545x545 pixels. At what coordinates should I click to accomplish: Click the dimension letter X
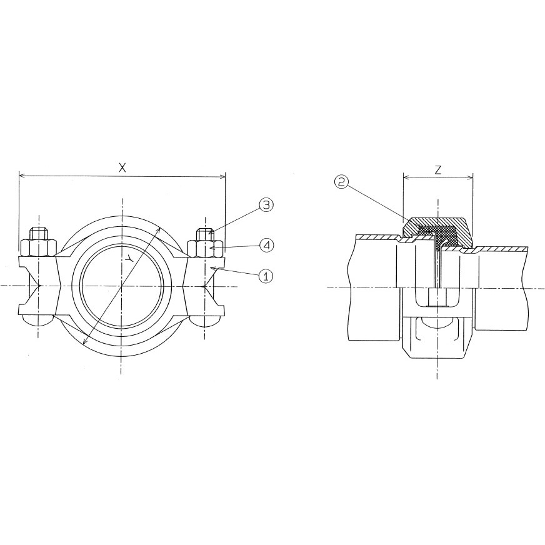click(122, 168)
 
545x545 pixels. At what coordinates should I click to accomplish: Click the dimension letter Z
click(438, 170)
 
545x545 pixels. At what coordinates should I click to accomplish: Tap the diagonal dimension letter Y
click(129, 258)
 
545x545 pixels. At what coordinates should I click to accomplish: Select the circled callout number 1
click(266, 276)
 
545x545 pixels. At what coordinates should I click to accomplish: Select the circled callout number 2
click(341, 182)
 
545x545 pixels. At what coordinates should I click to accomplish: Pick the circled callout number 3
click(266, 205)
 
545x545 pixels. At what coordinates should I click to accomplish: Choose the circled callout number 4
click(266, 246)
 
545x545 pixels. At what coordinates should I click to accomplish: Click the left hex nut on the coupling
click(39, 247)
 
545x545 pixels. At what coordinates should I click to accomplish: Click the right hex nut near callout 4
click(206, 247)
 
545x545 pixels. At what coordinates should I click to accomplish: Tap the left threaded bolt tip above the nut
click(39, 233)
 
